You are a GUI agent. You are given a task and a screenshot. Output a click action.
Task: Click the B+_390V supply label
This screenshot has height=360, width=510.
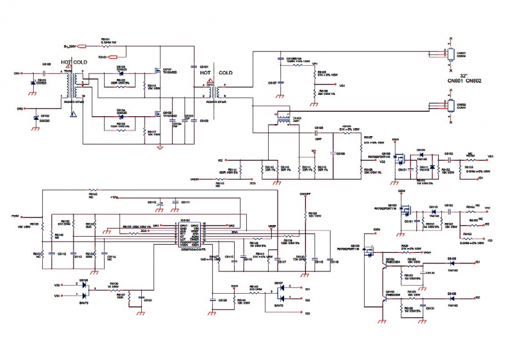pyautogui.click(x=70, y=46)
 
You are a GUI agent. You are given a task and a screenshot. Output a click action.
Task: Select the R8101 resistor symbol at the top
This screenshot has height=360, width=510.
pyautogui.click(x=106, y=46)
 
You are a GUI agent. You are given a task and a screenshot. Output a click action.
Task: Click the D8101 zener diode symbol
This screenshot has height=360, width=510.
pyautogui.click(x=34, y=82)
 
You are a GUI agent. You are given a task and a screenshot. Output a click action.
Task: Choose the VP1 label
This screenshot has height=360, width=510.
pyautogui.click(x=315, y=64)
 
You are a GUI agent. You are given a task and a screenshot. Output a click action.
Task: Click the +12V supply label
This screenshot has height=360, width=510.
pyautogui.click(x=115, y=197)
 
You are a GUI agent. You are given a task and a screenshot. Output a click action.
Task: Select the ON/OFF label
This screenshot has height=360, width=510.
pyautogui.click(x=305, y=194)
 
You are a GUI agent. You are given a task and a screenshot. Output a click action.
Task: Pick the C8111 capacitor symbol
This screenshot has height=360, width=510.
pyautogui.click(x=175, y=202)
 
